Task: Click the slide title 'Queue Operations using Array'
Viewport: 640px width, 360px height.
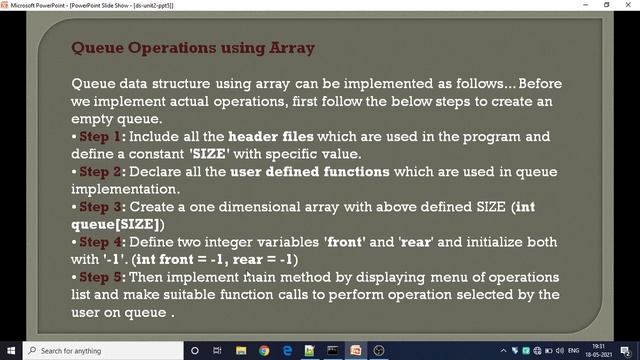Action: pos(193,47)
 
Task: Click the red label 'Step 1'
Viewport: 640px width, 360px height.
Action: pos(101,136)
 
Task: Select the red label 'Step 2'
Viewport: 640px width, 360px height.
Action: pos(101,172)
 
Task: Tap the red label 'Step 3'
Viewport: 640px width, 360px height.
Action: pos(101,207)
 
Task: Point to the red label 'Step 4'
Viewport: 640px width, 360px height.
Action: pos(101,242)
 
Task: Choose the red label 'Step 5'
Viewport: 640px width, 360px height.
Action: pos(101,277)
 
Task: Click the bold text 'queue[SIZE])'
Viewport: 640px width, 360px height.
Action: pos(118,224)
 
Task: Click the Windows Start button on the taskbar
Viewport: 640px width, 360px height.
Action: pos(10,350)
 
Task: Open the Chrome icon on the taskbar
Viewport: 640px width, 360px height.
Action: pos(264,350)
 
